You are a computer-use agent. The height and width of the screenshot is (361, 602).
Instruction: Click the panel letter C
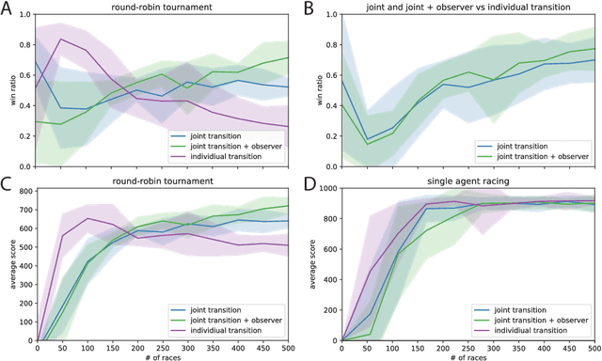[x=8, y=184]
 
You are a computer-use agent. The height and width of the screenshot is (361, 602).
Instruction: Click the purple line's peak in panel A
[x=61, y=39]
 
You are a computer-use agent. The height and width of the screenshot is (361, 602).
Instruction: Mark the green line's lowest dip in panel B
[x=367, y=144]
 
